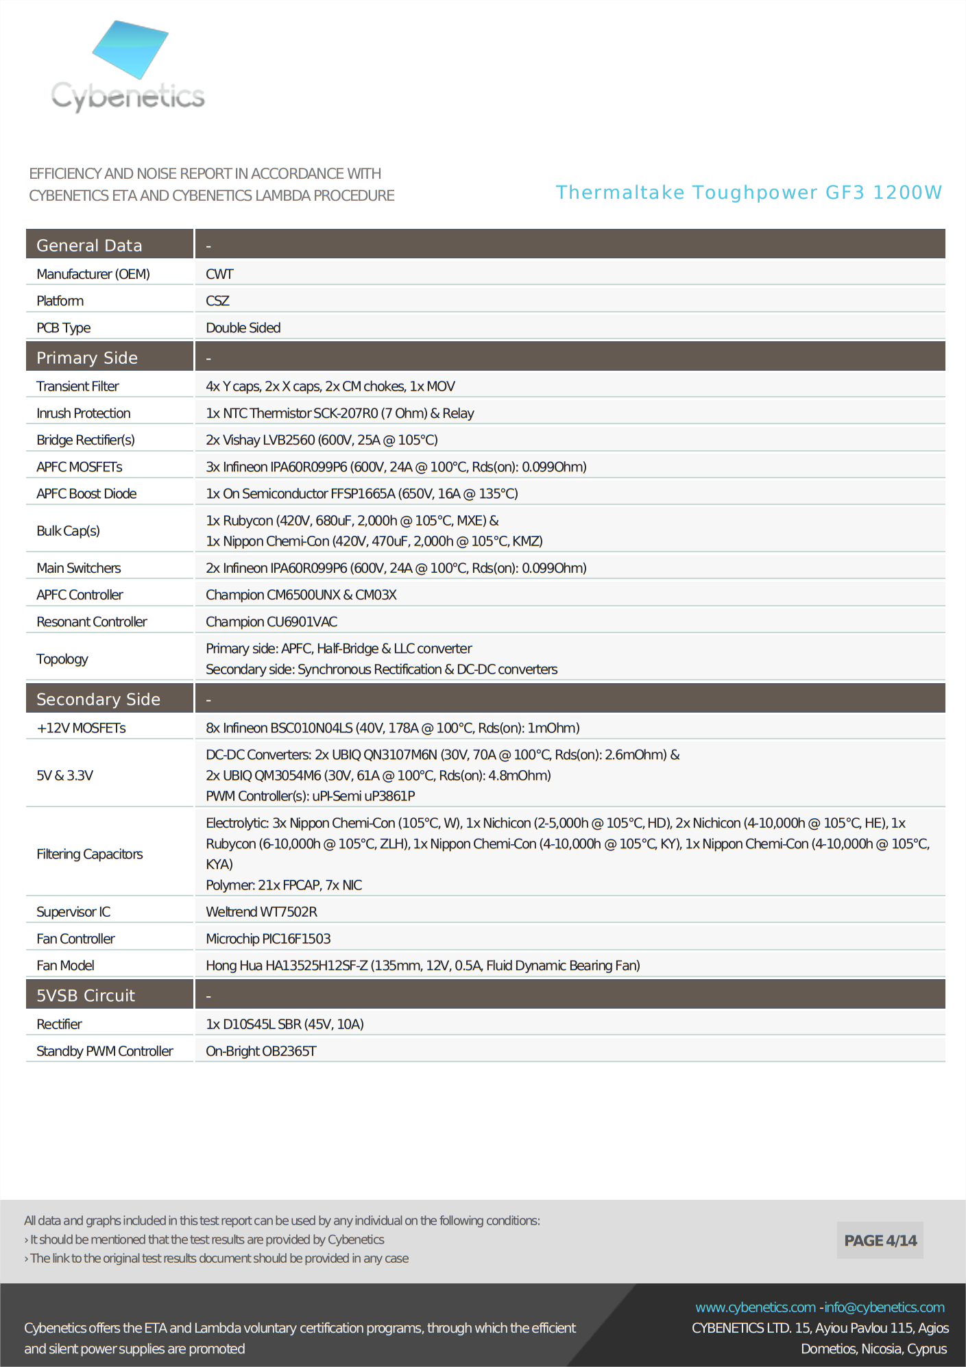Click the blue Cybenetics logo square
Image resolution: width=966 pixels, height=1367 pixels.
[130, 49]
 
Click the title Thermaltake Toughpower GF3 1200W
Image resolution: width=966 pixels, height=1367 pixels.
[749, 193]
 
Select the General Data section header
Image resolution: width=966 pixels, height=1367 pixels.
[89, 245]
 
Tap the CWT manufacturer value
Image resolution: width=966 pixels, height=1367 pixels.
[219, 274]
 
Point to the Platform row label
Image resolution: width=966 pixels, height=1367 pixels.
[60, 301]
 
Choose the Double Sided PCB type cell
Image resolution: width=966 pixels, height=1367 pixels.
[243, 328]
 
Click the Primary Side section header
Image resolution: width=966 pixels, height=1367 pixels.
[87, 358]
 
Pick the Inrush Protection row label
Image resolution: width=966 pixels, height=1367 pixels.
[84, 413]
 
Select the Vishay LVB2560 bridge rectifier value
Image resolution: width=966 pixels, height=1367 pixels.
[322, 440]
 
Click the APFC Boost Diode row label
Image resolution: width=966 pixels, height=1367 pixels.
[86, 493]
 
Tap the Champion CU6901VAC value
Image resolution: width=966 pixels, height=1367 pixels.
[271, 621]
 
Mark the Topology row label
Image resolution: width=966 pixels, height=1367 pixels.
[62, 658]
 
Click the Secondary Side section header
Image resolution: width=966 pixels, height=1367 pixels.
[98, 699]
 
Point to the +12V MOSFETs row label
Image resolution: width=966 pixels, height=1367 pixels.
[81, 728]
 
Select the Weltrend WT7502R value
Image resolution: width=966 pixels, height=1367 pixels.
[261, 911]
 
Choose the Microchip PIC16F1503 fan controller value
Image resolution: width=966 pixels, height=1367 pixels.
[268, 938]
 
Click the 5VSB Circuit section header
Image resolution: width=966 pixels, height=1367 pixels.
[86, 996]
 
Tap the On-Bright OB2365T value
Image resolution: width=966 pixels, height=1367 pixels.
[261, 1050]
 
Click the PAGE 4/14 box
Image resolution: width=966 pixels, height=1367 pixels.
[880, 1240]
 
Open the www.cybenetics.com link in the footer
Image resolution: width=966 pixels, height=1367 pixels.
[755, 1307]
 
